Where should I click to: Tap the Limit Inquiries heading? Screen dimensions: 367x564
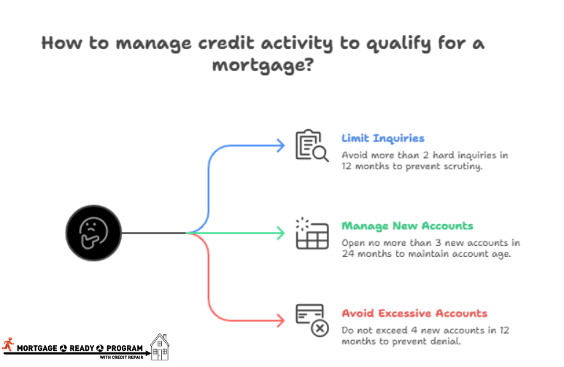[382, 138]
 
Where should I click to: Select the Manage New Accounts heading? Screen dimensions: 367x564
[407, 225]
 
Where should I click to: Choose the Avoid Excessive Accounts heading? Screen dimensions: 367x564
[414, 313]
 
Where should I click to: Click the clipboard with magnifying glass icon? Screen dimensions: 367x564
[309, 145]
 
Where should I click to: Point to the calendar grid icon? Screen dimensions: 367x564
[311, 233]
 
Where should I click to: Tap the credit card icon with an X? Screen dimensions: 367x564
[312, 320]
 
